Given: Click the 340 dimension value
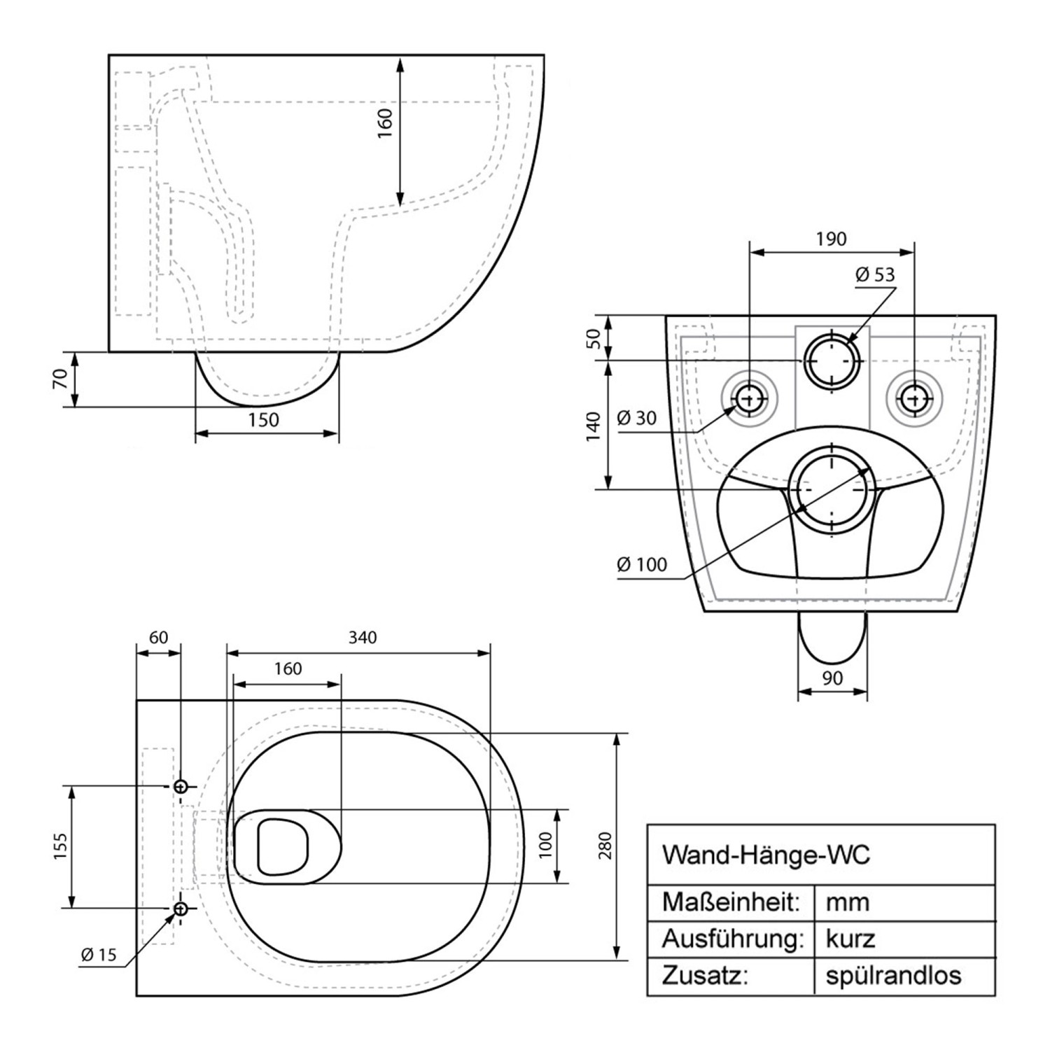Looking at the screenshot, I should [x=363, y=637].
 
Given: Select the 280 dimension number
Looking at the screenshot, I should [x=605, y=846].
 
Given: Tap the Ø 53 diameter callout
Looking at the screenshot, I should [x=875, y=275].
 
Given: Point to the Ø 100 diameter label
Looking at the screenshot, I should [x=642, y=564].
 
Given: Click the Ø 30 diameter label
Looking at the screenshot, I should [x=637, y=419].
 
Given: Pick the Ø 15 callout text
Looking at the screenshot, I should [x=98, y=955].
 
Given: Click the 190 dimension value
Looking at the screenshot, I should [x=831, y=239].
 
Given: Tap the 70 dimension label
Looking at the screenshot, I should [x=60, y=379].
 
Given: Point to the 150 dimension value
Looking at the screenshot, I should [x=263, y=420].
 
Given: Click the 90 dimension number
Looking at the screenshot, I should [x=832, y=678].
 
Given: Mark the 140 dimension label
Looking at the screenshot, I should [x=594, y=426].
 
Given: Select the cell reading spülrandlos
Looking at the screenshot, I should [x=893, y=975].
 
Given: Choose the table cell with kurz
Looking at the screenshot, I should [x=850, y=938].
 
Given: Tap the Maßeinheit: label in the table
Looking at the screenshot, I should [x=731, y=902].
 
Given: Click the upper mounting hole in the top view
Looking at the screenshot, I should [x=181, y=786].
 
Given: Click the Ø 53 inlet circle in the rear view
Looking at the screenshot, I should [x=831, y=360].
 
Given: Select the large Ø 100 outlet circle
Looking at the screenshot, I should [x=831, y=489].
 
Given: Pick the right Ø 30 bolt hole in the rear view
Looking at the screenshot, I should [x=913, y=399].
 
